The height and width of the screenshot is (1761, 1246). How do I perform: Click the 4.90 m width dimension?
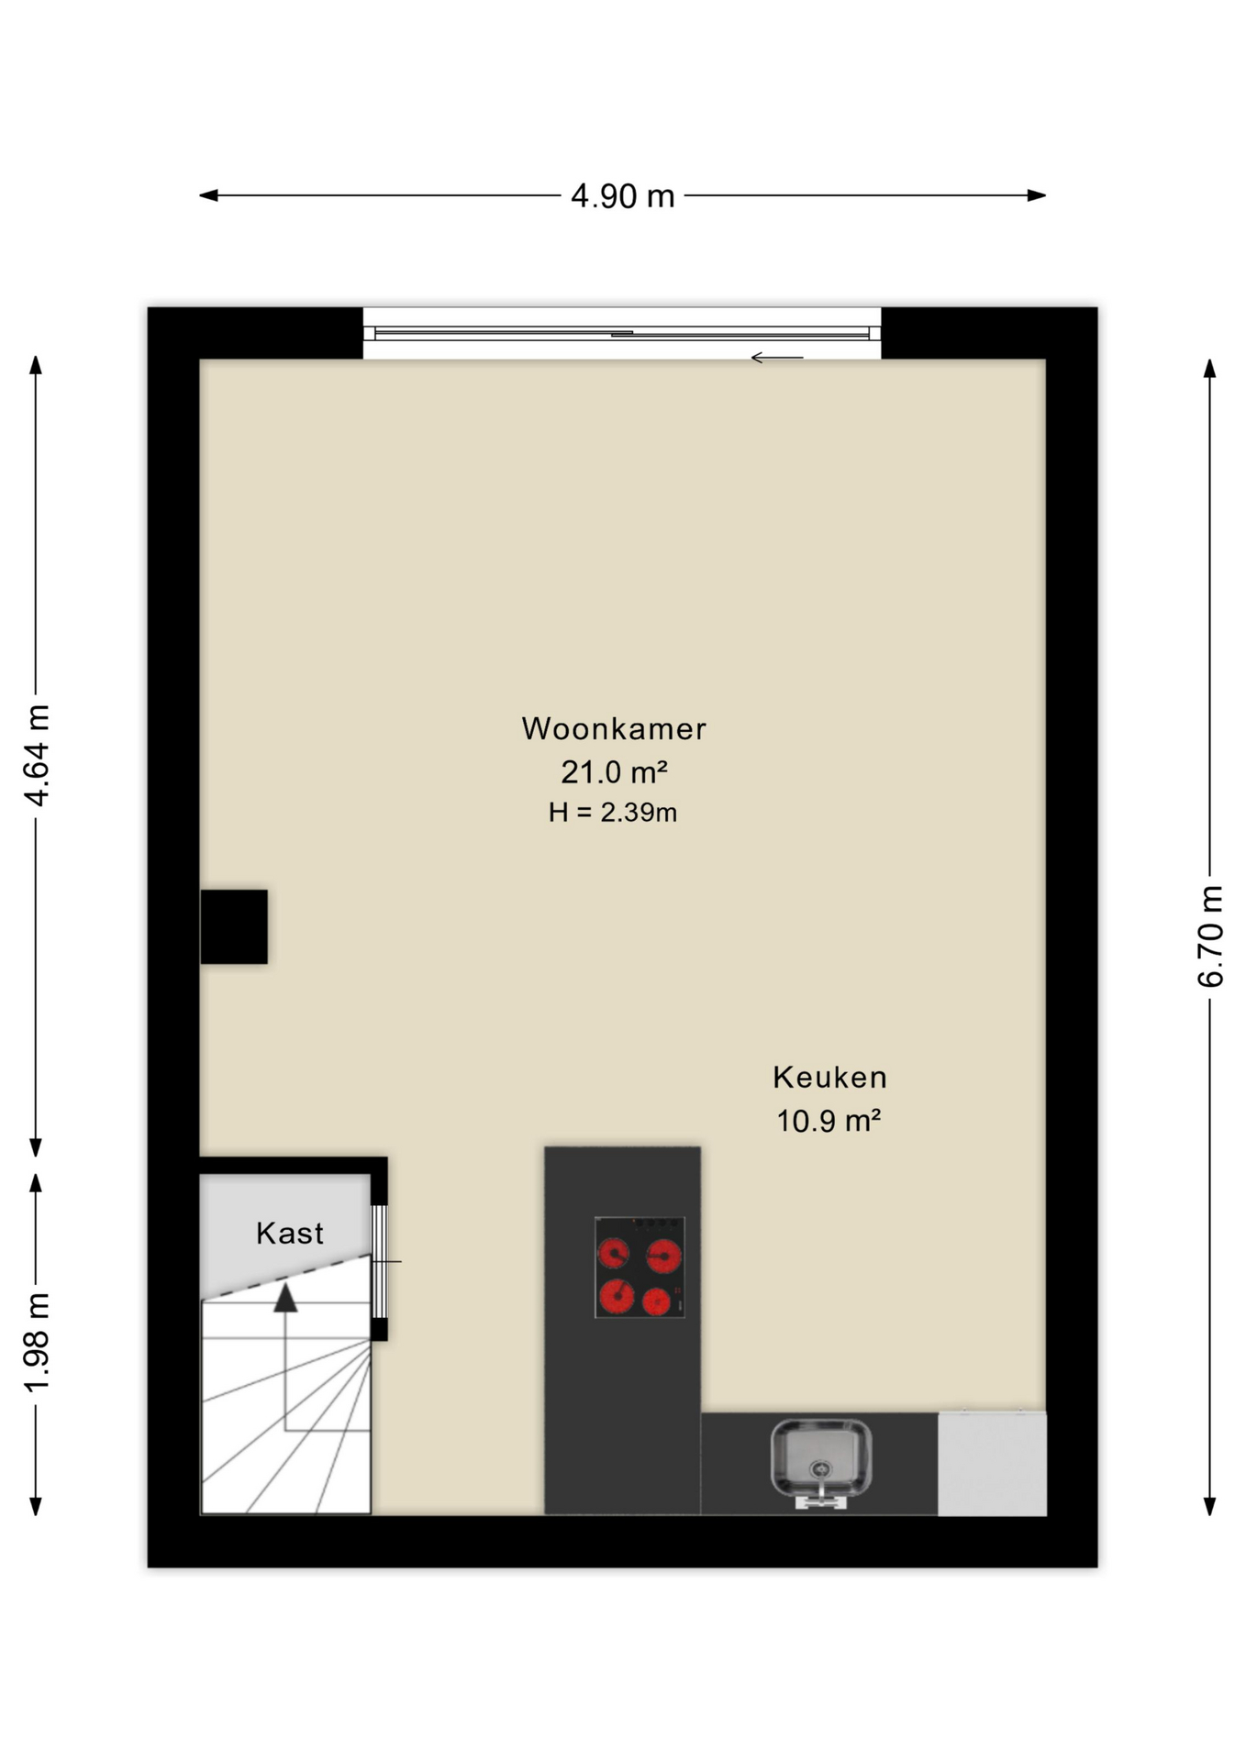[622, 195]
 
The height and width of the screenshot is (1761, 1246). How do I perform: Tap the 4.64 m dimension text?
[37, 756]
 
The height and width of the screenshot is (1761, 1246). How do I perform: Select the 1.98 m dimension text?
[37, 1342]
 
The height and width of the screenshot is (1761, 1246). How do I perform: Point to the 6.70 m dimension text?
[1210, 936]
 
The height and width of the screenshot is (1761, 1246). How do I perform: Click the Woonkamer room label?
[614, 728]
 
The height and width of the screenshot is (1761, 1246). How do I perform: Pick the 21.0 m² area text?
[614, 772]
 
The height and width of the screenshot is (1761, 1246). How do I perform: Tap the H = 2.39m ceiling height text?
[613, 813]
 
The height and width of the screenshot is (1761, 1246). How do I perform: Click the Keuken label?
[829, 1077]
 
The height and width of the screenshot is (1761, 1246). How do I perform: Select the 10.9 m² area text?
[829, 1121]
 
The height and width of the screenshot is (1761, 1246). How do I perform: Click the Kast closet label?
[290, 1234]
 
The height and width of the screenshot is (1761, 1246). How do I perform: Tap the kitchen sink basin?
[821, 1457]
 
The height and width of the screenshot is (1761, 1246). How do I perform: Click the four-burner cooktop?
[640, 1267]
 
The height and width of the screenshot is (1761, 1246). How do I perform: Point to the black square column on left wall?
[234, 926]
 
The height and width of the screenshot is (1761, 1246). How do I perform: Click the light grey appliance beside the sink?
[992, 1463]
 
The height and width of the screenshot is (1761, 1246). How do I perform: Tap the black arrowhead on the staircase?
[286, 1297]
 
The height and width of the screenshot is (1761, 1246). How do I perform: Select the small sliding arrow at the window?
[777, 358]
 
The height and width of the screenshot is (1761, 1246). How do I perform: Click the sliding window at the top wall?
[622, 333]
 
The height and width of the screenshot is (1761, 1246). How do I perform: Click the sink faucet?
[821, 1492]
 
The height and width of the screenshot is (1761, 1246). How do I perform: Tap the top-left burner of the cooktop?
[614, 1252]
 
